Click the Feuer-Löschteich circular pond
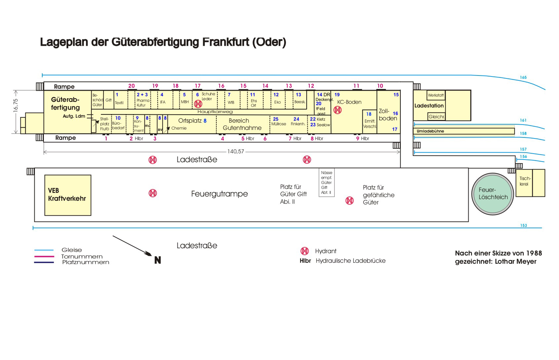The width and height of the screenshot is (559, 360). coord(493,194)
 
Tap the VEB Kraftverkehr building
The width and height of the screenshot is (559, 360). coord(68,195)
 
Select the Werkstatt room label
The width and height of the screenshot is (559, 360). coord(436,95)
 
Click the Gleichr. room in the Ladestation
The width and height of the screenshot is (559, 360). coord(436,117)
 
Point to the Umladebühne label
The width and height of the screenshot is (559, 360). coord(430,131)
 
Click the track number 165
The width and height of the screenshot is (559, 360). coord(523,77)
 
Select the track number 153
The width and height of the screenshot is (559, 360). coord(523,225)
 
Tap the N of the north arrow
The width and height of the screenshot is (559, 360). coord(158,260)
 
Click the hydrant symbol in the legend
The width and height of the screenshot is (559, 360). coord(305,251)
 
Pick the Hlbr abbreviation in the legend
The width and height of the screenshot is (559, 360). coord(305,261)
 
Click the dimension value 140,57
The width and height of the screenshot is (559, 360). coord(236,152)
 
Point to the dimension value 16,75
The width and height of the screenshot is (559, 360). coord(16,105)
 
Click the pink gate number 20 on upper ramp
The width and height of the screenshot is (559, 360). coord(132,86)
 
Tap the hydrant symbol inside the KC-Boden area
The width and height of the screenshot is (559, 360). coord(337,110)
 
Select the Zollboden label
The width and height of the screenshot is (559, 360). coord(388,115)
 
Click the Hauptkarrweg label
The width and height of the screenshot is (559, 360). coord(215,112)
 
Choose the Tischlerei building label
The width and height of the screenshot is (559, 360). coord(525,181)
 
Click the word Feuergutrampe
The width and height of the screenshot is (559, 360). coord(219,194)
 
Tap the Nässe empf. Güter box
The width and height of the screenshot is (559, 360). coord(326,182)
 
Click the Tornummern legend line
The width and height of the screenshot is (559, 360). coord(44,256)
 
